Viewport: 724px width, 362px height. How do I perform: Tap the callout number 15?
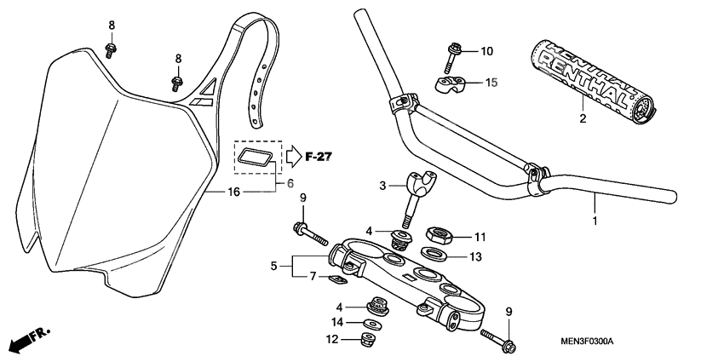(491, 82)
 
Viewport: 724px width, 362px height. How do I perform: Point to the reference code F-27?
(319, 157)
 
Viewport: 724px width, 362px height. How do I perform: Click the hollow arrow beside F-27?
(293, 157)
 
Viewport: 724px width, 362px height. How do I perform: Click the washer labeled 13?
(436, 253)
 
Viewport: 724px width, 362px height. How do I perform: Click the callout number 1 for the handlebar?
(595, 221)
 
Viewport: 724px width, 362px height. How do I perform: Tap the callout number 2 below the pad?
(583, 118)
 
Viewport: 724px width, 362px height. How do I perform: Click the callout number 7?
(313, 277)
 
